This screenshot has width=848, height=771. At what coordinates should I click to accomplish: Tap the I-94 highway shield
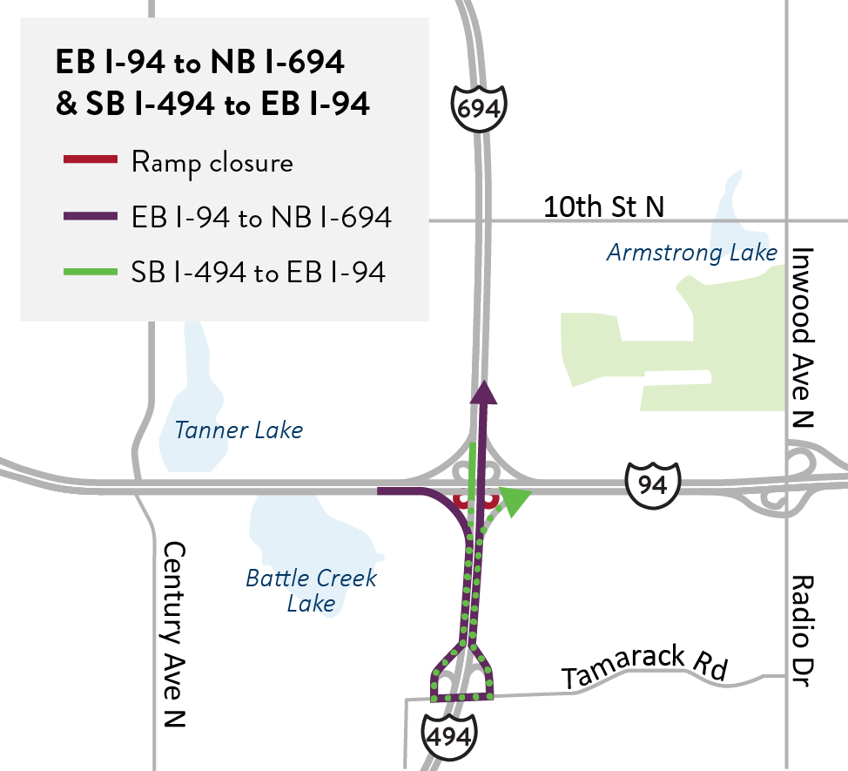pyautogui.click(x=651, y=484)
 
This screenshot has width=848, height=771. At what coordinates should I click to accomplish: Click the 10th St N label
pyautogui.click(x=603, y=206)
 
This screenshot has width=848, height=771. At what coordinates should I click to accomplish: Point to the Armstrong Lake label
pyautogui.click(x=691, y=253)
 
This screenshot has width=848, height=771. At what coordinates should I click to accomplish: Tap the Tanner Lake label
pyautogui.click(x=239, y=429)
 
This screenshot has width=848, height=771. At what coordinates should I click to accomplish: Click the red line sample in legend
pyautogui.click(x=90, y=160)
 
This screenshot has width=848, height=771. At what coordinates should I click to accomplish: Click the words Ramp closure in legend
pyautogui.click(x=212, y=162)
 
